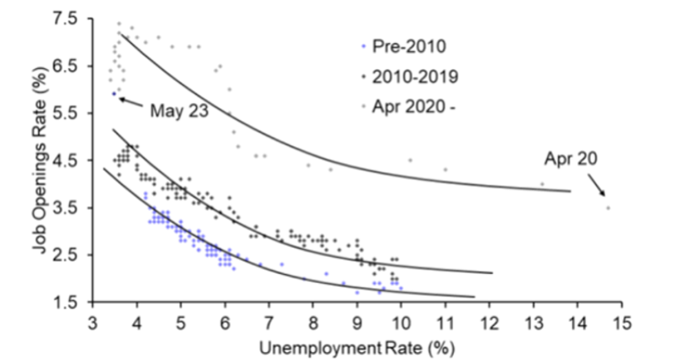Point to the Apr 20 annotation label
(569, 160)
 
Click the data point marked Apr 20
(607, 208)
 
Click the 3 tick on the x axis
(93, 321)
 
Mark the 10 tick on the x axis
(400, 321)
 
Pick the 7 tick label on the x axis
(269, 321)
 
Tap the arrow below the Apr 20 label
(595, 185)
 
